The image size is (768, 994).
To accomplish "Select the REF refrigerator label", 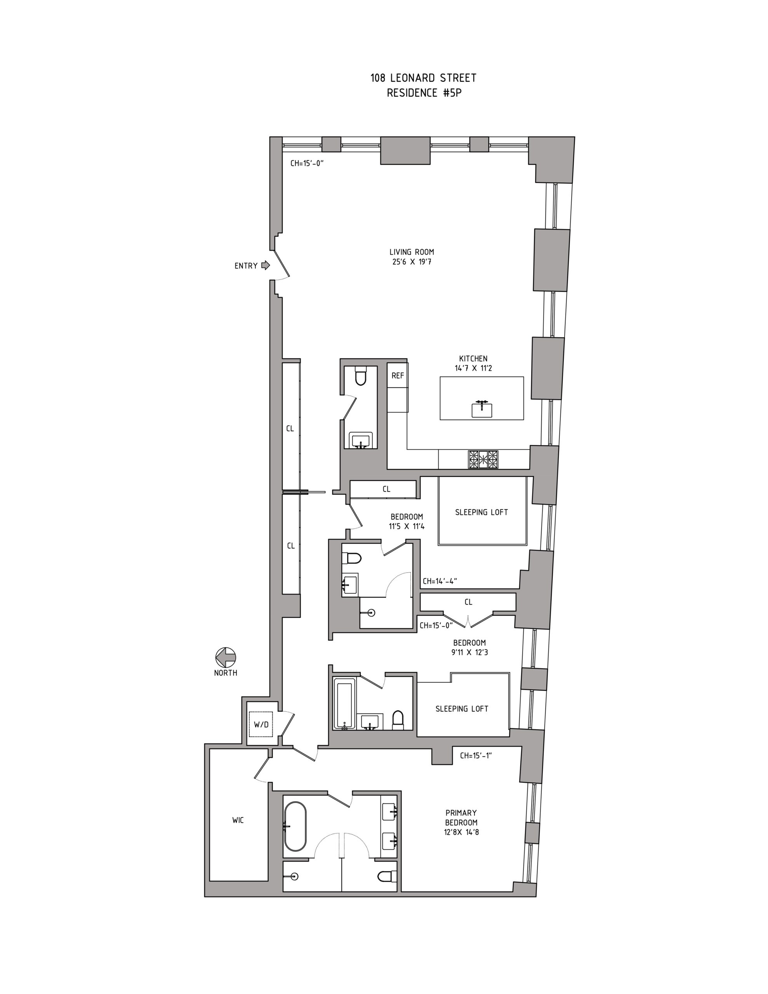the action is pos(398,376).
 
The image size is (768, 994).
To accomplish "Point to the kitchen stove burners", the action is pos(483,459).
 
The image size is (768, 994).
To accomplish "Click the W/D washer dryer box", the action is pos(261,724).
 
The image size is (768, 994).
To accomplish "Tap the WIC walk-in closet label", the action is pos(238,820).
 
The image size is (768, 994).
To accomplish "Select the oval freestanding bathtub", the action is pos(295,826).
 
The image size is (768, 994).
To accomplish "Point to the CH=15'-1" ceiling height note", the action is pos(476,756).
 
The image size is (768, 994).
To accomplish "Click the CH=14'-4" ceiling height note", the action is pos(440,581).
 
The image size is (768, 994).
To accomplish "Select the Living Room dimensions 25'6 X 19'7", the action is pos(411,262).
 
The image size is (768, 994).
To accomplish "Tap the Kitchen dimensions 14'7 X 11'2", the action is pos(473,368).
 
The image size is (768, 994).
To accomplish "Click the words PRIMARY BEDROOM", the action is pos(461,817).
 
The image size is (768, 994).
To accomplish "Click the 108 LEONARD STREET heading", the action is pos(423,78).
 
